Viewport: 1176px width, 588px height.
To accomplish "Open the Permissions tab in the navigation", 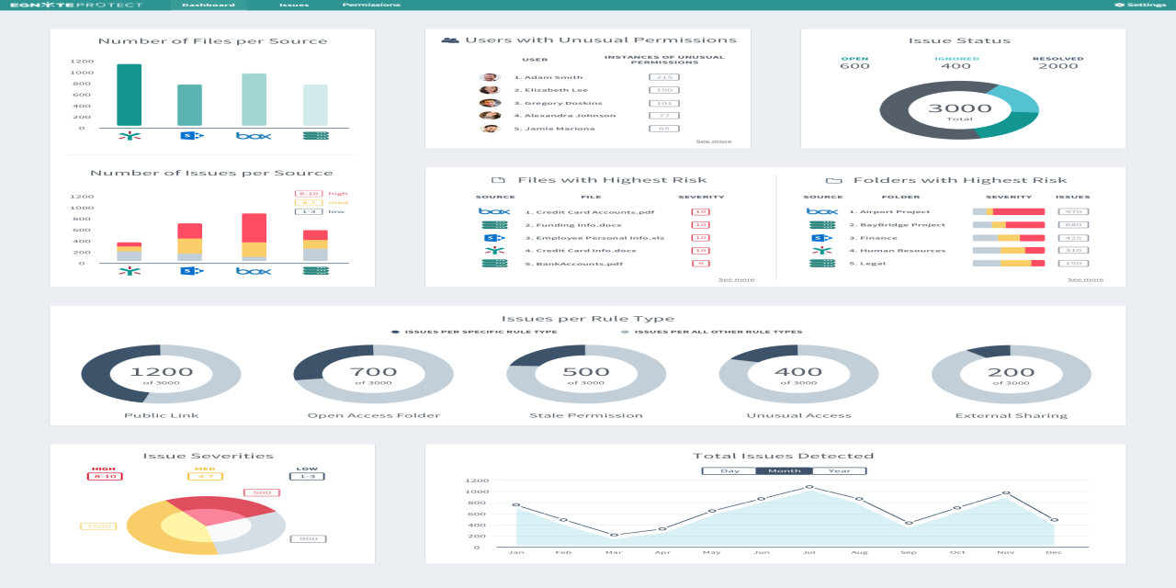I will [371, 5].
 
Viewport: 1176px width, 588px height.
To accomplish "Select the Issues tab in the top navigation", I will [294, 5].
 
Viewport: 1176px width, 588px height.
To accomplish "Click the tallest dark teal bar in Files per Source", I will [130, 95].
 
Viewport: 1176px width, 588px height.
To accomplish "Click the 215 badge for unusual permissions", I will [663, 77].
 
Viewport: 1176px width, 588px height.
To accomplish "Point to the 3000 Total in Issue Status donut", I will [959, 110].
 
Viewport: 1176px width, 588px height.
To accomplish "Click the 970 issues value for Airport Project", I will [1072, 211].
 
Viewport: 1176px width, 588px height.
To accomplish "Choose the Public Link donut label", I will [161, 415].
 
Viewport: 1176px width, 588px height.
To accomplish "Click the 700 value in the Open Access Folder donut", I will [374, 372].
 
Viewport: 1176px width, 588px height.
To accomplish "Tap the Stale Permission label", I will [586, 415].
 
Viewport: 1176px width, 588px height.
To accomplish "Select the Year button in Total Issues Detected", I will [839, 470].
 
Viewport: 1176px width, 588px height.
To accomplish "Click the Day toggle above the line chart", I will [729, 470].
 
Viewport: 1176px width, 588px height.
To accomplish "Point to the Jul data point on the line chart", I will [809, 487].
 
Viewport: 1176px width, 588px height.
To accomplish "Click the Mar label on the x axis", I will [614, 552].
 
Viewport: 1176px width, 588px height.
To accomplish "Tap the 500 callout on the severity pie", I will [261, 493].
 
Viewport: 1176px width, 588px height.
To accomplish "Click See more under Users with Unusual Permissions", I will [714, 141].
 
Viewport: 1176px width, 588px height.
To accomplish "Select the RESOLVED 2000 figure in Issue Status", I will [1057, 65].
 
